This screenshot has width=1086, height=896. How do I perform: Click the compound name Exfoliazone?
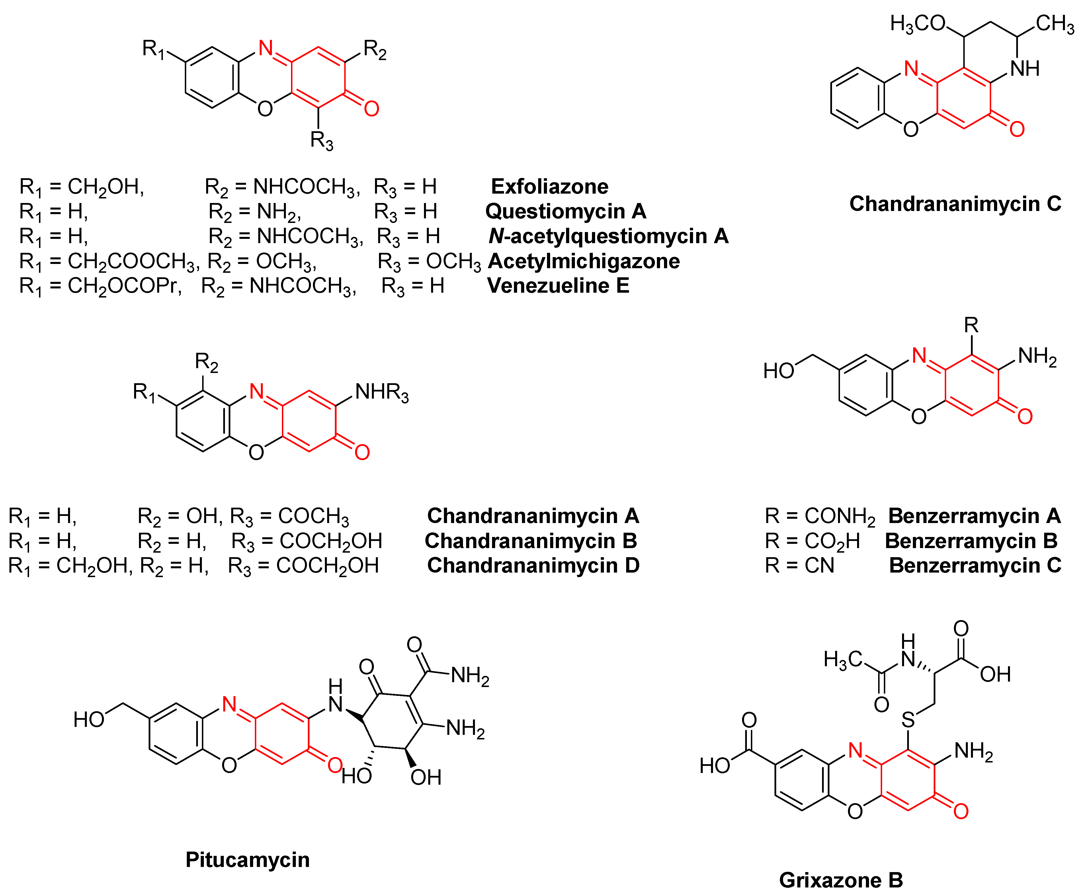click(x=549, y=186)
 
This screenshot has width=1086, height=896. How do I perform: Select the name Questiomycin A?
click(x=566, y=211)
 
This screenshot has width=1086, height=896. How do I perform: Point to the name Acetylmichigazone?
click(x=584, y=261)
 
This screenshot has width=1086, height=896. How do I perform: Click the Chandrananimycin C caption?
click(x=955, y=204)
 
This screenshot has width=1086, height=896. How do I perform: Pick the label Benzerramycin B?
click(x=971, y=541)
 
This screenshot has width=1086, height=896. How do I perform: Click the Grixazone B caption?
click(x=841, y=880)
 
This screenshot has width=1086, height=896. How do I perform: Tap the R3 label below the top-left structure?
click(x=321, y=140)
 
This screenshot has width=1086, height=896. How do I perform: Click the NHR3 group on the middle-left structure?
click(x=382, y=393)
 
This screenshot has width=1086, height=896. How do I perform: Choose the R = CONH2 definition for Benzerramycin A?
click(x=820, y=516)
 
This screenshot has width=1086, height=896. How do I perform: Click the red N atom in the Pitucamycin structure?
click(x=229, y=704)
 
